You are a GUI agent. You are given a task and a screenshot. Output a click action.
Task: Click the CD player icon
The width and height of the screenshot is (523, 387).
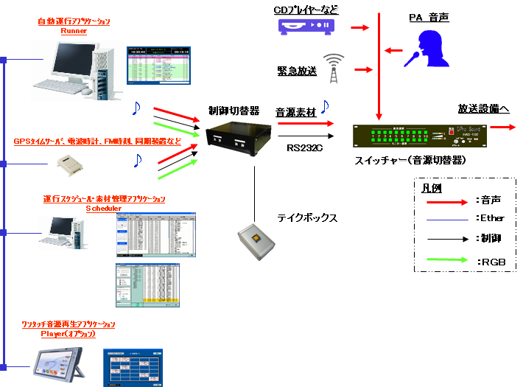click(306, 27)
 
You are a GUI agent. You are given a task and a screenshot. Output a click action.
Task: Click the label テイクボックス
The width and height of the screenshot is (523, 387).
click(307, 218)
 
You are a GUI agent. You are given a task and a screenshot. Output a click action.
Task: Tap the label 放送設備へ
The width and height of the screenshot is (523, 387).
click(483, 109)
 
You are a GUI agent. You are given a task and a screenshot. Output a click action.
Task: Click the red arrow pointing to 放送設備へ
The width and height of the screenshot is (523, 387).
click(503, 127)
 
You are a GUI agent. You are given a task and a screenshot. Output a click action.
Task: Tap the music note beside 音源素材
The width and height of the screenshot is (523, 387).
click(326, 107)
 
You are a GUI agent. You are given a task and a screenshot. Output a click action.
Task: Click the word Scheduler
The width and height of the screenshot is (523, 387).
click(103, 209)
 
